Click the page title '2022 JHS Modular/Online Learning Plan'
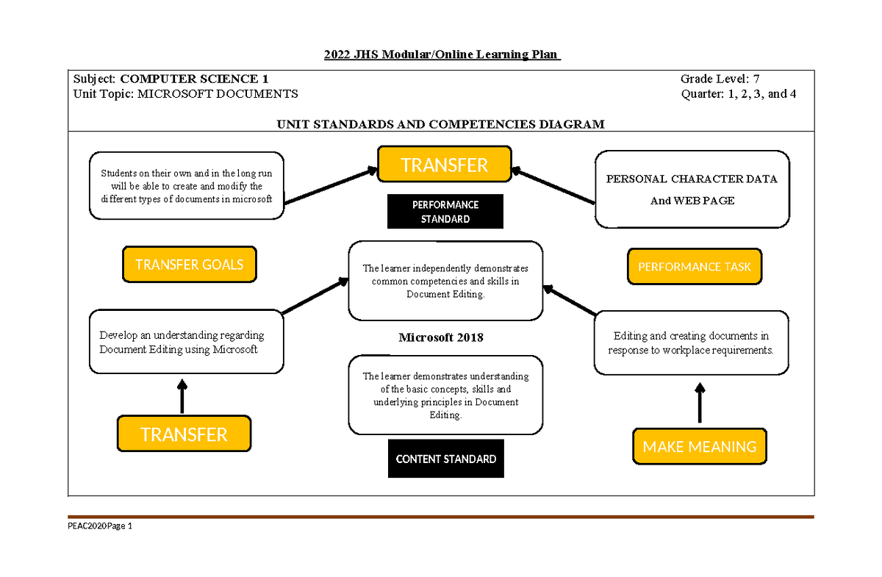442,54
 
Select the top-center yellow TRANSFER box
444,165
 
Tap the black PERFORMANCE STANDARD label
445,212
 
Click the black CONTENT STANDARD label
445,459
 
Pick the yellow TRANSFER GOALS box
189,265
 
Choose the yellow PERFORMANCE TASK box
694,267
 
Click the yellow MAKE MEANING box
699,446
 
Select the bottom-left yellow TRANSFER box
184,434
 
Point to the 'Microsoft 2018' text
441,337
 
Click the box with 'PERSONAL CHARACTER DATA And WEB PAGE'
692,190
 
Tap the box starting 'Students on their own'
186,186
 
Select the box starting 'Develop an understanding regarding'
186,343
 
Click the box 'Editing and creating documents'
691,343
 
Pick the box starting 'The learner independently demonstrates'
445,281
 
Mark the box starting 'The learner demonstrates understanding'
445,395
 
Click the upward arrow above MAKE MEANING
700,402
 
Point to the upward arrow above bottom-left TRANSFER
182,396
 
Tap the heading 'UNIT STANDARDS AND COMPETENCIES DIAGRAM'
440,124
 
